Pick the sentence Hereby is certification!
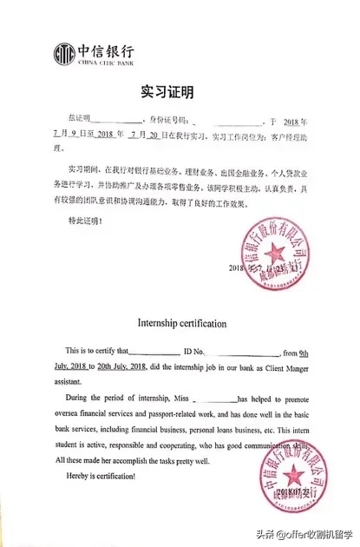coord(91,477)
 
